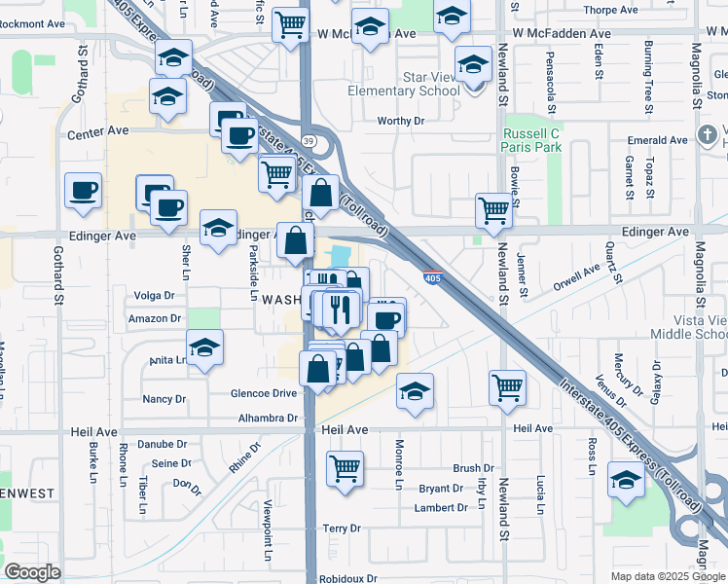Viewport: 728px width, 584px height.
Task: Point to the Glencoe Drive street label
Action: (263, 393)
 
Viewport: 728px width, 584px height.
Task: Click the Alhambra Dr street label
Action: (268, 418)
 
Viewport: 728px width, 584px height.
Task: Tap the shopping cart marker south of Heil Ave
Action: (345, 469)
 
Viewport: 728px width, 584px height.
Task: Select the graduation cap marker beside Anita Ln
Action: (204, 347)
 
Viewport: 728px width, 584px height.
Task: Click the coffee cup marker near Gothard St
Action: (83, 189)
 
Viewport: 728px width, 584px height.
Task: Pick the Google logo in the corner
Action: (33, 572)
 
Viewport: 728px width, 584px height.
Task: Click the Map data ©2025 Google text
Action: (667, 576)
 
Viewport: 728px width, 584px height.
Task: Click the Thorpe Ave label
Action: (609, 11)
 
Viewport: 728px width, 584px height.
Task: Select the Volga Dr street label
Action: (154, 295)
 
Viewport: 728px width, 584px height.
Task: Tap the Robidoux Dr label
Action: (348, 578)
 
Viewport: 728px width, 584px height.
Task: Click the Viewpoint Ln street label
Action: (270, 530)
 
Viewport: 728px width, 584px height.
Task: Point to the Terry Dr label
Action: (342, 529)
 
